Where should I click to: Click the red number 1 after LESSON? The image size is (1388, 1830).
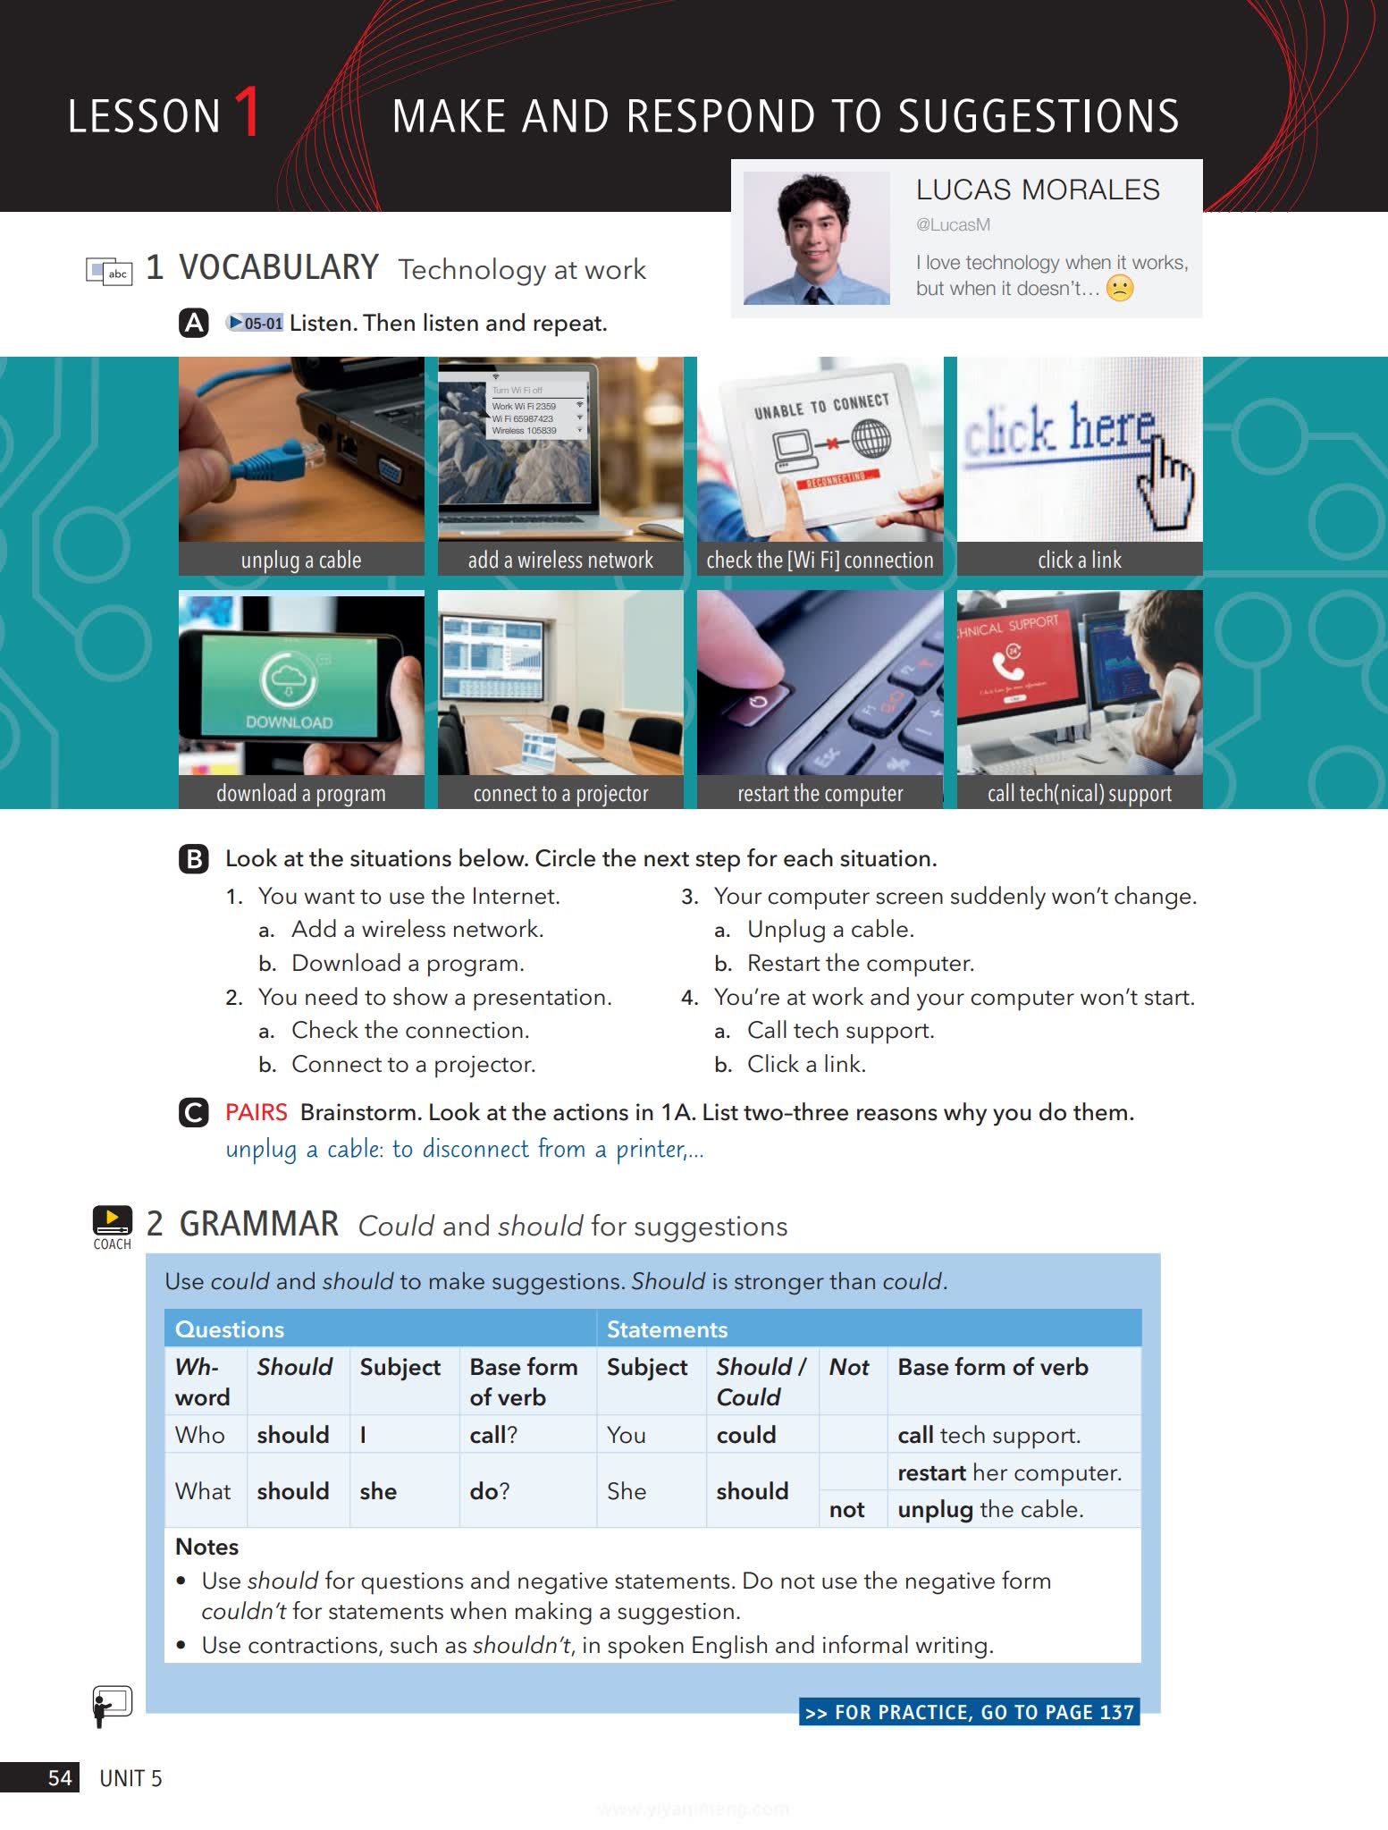coord(248,113)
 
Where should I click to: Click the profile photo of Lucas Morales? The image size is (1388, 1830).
coord(816,238)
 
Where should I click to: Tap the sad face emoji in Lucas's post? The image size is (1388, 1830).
coord(1119,288)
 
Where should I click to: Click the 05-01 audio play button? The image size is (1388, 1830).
coord(255,323)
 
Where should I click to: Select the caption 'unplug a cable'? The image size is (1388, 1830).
coord(301,561)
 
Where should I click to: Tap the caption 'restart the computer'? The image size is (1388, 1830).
coord(820,794)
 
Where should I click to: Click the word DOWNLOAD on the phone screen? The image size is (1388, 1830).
coord(289,722)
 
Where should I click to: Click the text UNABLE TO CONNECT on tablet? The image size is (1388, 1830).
coord(821,406)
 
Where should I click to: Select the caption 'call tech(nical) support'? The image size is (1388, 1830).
coord(1079,794)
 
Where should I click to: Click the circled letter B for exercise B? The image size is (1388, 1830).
coord(194,859)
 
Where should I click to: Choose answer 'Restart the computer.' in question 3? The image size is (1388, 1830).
coord(860,963)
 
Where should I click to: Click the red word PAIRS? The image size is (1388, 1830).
coord(256,1112)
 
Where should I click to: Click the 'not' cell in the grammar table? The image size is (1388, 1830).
coord(846,1510)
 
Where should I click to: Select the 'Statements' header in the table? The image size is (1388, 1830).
coord(667,1329)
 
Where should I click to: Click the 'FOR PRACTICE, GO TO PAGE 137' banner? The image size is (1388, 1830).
coord(969,1712)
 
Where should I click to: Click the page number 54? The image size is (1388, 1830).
coord(59,1777)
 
